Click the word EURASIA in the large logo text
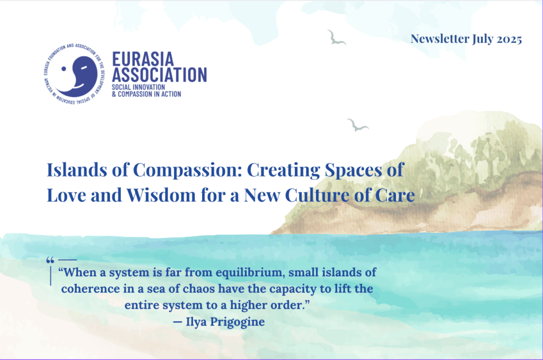[143, 59]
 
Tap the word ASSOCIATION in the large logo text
[159, 75]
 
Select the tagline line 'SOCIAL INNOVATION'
[138, 87]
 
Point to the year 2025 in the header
[509, 39]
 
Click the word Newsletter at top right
[440, 39]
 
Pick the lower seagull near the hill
[357, 125]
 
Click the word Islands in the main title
[77, 170]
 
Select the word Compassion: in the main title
[187, 170]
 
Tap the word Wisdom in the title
[161, 195]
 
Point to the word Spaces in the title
[353, 170]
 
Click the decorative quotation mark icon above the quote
[50, 260]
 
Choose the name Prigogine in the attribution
[237, 322]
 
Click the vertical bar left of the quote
[50, 276]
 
